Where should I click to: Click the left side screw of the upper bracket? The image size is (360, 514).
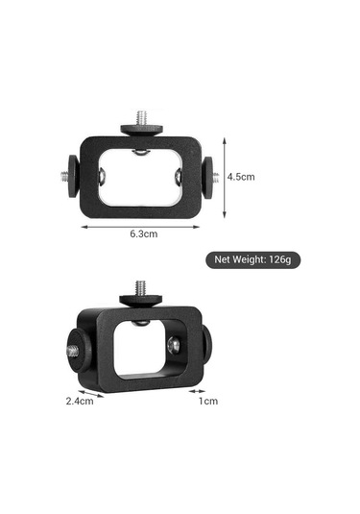[x=61, y=176]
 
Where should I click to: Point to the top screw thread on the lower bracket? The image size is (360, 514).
[x=140, y=287]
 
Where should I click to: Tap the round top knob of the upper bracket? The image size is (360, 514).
[x=141, y=130]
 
